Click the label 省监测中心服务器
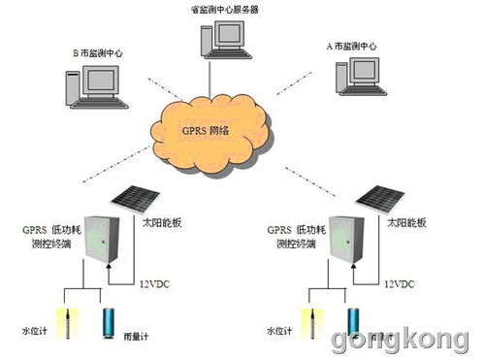224,9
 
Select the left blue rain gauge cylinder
109,319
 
